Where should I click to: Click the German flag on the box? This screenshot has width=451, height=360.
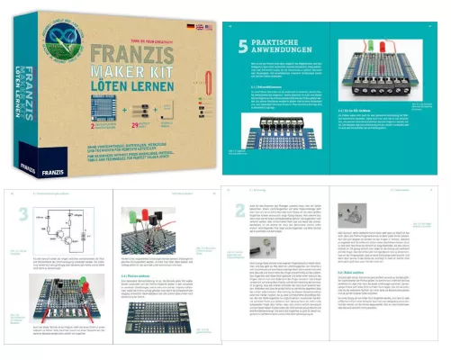pos(179,27)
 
